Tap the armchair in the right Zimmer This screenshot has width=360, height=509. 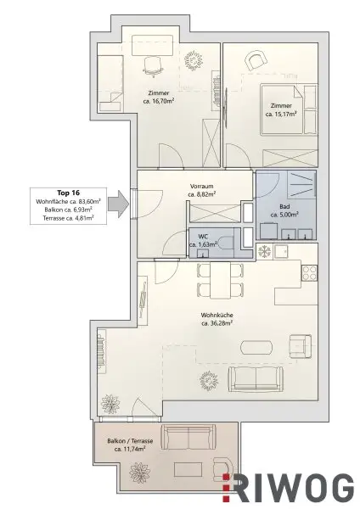[x=256, y=59]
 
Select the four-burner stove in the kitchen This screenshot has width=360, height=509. [x=309, y=273]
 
